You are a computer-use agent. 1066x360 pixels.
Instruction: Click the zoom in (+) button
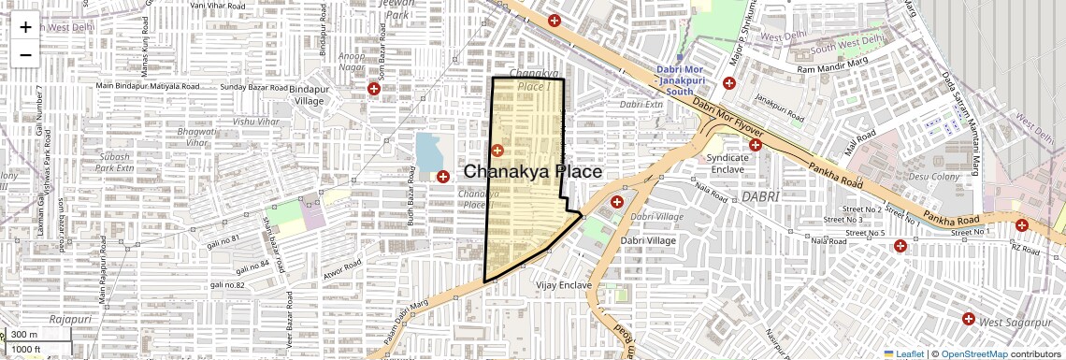[x=25, y=27]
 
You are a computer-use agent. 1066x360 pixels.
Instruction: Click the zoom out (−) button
[x=25, y=54]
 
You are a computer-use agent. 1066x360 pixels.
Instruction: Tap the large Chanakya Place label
[x=533, y=172]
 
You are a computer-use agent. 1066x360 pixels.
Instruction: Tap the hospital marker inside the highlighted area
[x=497, y=150]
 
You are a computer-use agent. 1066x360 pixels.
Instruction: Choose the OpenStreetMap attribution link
[x=973, y=353]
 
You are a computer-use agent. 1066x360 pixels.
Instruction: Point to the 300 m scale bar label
[x=24, y=335]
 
